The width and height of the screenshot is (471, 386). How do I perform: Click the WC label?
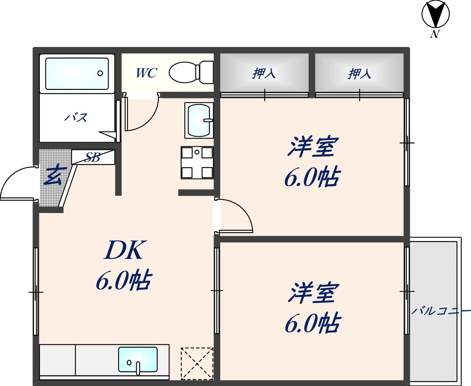pyautogui.click(x=146, y=73)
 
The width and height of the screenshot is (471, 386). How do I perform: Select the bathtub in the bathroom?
pyautogui.click(x=77, y=73)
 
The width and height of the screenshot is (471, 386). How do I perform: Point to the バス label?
pyautogui.click(x=76, y=118)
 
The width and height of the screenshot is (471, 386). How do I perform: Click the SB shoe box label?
pyautogui.click(x=93, y=157)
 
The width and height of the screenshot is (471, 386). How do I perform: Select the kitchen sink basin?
pyautogui.click(x=138, y=359)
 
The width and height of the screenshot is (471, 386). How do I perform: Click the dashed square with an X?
pyautogui.click(x=197, y=363)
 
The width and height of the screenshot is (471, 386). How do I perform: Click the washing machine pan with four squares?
pyautogui.click(x=197, y=162)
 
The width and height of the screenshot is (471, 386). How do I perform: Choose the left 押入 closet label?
pyautogui.click(x=264, y=73)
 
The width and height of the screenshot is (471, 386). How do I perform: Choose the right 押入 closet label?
pyautogui.click(x=359, y=74)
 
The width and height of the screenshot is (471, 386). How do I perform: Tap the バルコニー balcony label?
pyautogui.click(x=441, y=310)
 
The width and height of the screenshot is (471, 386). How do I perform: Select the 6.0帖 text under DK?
pyautogui.click(x=124, y=280)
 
